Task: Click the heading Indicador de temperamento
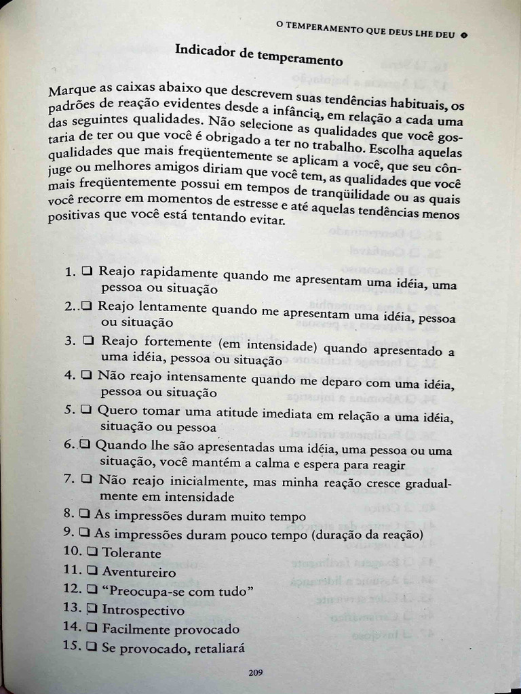[258, 54]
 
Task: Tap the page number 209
[255, 672]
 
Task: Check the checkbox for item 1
[87, 271]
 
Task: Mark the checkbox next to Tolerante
[92, 552]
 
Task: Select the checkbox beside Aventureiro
[92, 571]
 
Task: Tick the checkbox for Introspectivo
[92, 609]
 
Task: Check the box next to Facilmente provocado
[92, 628]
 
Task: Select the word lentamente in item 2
[174, 308]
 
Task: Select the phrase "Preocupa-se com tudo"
[178, 591]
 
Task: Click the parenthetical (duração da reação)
[367, 535]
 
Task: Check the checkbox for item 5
[86, 410]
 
